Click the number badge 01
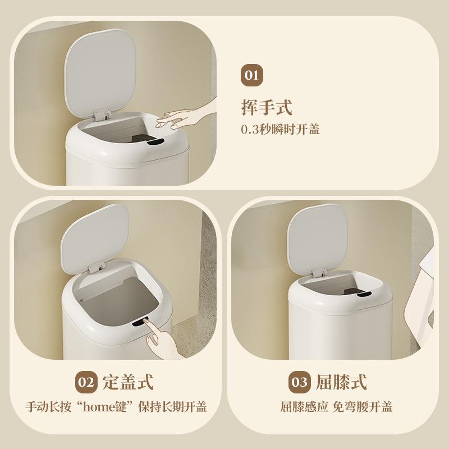[252, 75]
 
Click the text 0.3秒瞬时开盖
[280, 129]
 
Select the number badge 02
[86, 383]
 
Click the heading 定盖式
[128, 383]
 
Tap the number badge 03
[299, 383]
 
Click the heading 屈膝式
[341, 383]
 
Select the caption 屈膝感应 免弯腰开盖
[336, 407]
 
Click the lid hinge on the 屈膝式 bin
[318, 272]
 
